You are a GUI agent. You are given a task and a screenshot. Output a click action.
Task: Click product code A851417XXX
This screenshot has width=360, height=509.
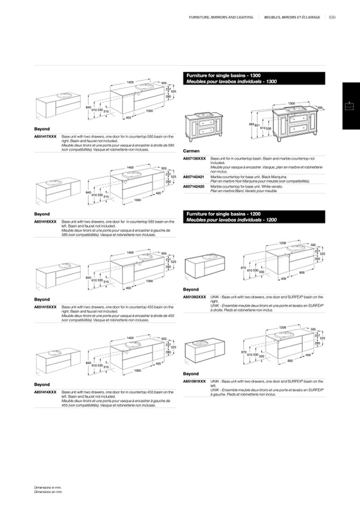(45, 136)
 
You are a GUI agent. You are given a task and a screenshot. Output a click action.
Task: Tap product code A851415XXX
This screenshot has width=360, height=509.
(45, 306)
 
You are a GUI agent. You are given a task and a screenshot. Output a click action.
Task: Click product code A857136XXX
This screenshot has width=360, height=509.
(194, 158)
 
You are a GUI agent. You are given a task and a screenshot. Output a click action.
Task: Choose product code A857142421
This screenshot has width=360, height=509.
(194, 176)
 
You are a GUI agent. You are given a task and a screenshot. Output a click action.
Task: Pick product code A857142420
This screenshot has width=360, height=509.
(194, 187)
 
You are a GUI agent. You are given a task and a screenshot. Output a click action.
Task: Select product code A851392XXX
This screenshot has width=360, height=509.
(194, 297)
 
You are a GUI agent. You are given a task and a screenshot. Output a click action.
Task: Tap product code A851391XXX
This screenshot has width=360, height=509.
(194, 381)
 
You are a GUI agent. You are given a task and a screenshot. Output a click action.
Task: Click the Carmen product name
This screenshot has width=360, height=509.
(191, 151)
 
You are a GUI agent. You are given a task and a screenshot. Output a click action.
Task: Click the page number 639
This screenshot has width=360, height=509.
(332, 17)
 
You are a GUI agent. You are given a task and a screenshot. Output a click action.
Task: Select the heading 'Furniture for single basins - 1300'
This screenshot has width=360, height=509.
(226, 76)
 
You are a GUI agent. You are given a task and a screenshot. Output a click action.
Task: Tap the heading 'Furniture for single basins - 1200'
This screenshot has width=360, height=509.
(226, 214)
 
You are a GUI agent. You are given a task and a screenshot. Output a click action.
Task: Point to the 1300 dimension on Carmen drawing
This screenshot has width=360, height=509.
(292, 102)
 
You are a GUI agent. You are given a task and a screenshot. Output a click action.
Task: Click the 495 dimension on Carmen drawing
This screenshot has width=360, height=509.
(320, 108)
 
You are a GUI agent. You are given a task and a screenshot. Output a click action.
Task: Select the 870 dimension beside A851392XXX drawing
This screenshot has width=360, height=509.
(243, 268)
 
